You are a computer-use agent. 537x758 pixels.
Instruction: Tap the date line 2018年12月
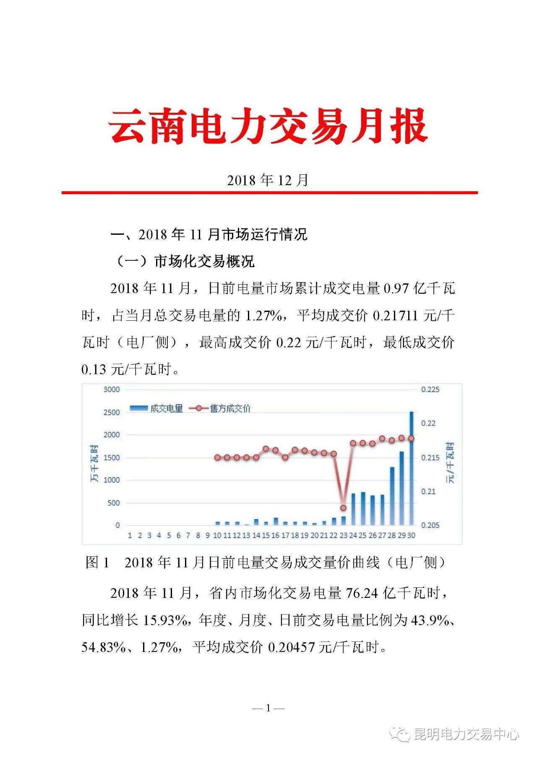(x=268, y=180)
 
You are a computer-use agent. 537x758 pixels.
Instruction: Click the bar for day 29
(x=401, y=488)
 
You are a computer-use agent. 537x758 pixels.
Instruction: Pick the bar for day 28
(x=392, y=497)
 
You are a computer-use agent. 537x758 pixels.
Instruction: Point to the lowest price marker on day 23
(x=343, y=508)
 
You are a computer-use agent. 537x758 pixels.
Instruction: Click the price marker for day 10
(x=217, y=457)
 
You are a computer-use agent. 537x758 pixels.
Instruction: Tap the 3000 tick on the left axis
(x=112, y=389)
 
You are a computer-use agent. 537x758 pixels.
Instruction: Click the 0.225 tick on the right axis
(x=430, y=389)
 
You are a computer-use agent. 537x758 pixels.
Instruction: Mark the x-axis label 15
(x=266, y=535)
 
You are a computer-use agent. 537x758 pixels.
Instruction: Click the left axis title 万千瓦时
(x=95, y=463)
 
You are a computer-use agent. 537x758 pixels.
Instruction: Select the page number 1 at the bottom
(x=268, y=708)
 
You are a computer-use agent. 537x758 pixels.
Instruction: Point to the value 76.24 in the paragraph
(x=362, y=593)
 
